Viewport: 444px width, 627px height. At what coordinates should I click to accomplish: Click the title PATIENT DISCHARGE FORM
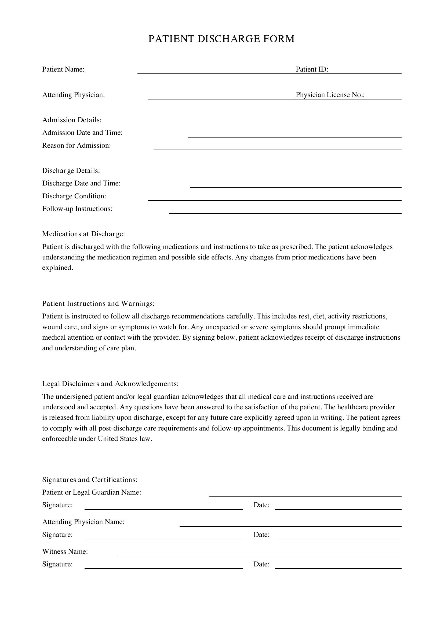pyautogui.click(x=221, y=39)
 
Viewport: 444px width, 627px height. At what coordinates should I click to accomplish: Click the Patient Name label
pyautogui.click(x=63, y=69)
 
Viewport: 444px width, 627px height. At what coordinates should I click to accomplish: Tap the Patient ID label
pyautogui.click(x=312, y=69)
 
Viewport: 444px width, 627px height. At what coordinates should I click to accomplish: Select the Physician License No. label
pyautogui.click(x=330, y=95)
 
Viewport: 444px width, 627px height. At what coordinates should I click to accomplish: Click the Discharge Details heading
pyautogui.click(x=71, y=171)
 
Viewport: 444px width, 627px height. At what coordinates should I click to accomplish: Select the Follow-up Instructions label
pyautogui.click(x=77, y=209)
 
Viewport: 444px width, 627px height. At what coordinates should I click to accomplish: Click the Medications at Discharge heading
pyautogui.click(x=83, y=234)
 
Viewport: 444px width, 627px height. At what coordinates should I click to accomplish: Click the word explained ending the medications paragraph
pyautogui.click(x=57, y=268)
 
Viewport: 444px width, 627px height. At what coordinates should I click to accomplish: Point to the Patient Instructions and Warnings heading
pyautogui.click(x=98, y=304)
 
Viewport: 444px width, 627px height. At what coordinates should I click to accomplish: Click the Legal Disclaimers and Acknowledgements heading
pyautogui.click(x=110, y=384)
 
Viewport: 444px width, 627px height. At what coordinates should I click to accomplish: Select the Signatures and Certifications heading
pyautogui.click(x=90, y=480)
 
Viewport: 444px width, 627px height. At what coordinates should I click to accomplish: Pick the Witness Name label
pyautogui.click(x=65, y=552)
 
